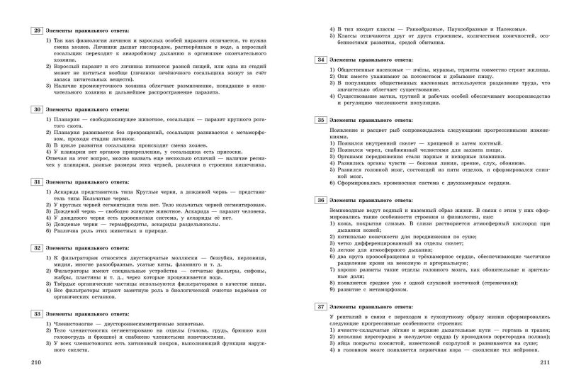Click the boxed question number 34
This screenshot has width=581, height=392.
pyautogui.click(x=322, y=60)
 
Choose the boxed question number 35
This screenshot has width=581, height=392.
pyautogui.click(x=322, y=121)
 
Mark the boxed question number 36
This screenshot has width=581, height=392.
pyautogui.click(x=322, y=201)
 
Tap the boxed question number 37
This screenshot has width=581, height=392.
pyautogui.click(x=322, y=307)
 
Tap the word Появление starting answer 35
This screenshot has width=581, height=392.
pyautogui.click(x=346, y=131)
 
